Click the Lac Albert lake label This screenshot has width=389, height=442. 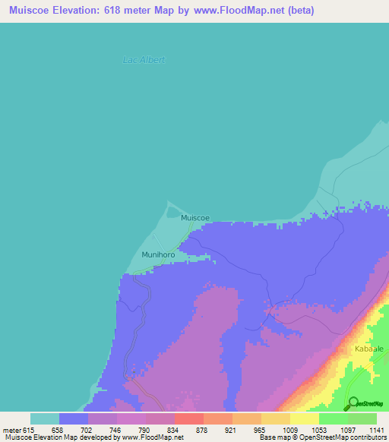coord(144,60)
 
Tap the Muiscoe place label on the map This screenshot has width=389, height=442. coord(195,218)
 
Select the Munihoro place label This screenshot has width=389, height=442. coord(158,255)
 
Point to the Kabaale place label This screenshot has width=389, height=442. coord(368,349)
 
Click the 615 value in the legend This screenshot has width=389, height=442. coord(30,429)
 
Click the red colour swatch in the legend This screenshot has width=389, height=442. coord(188,418)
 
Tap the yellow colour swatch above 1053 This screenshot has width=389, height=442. coord(304,418)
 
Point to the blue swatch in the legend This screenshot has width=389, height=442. coord(74,418)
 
